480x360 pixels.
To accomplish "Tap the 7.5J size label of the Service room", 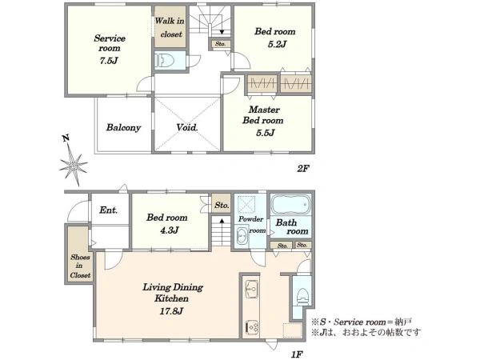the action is (x=109, y=60).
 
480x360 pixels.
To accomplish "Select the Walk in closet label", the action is (x=170, y=27).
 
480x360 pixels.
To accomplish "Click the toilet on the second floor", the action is (x=164, y=61).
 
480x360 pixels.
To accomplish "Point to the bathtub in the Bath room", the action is (x=290, y=204).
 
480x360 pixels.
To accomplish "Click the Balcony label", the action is (x=123, y=127).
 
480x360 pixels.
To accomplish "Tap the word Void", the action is (x=186, y=127).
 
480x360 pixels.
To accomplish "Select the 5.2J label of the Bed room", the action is (x=277, y=44).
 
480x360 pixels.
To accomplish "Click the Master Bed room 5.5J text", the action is (x=263, y=121).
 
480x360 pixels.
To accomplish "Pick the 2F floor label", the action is (x=303, y=168).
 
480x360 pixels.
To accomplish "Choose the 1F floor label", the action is (x=297, y=354).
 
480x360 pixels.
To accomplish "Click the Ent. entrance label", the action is (x=108, y=210).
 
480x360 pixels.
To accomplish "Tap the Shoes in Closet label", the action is (x=80, y=266).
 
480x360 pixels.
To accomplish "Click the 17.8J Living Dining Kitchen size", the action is (x=171, y=311).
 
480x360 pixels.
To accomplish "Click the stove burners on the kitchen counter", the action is (x=251, y=328).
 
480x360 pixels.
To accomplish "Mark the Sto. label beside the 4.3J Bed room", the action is (x=222, y=205).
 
